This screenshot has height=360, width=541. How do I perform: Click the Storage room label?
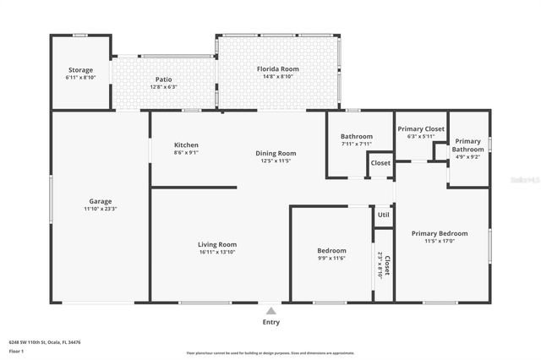pyautogui.click(x=80, y=69)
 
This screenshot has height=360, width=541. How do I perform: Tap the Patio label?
pyautogui.click(x=163, y=79)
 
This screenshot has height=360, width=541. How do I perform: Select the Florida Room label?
pyautogui.click(x=278, y=68)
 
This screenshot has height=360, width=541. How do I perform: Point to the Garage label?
pyautogui.click(x=101, y=201)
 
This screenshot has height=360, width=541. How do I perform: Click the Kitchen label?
pyautogui.click(x=186, y=145)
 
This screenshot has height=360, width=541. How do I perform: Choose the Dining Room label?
pyautogui.click(x=276, y=153)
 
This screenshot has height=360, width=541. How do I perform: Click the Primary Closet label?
pyautogui.click(x=421, y=128)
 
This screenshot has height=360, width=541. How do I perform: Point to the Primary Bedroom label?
pyautogui.click(x=439, y=233)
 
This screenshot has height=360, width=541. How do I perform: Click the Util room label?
pyautogui.click(x=383, y=215)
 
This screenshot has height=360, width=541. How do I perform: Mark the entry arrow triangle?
pyautogui.click(x=270, y=309)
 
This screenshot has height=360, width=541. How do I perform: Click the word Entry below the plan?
pyautogui.click(x=270, y=321)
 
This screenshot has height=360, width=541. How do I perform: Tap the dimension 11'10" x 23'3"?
pyautogui.click(x=101, y=209)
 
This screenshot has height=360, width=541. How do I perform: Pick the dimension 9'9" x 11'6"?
pyautogui.click(x=331, y=258)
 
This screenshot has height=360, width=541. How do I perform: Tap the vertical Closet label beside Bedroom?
pyautogui.click(x=387, y=268)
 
